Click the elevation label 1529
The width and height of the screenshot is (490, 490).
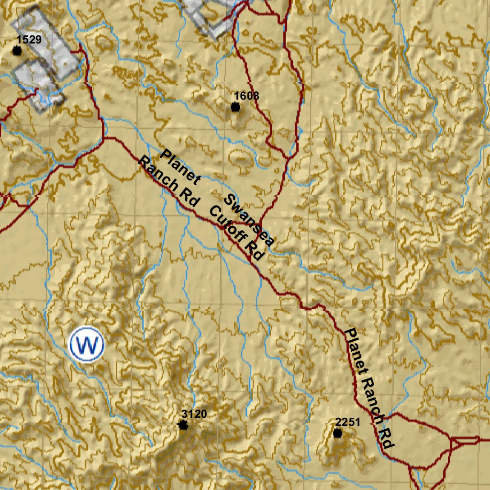(x=29, y=40)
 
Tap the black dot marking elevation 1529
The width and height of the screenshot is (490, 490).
(x=17, y=51)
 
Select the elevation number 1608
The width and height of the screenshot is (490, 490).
(x=246, y=96)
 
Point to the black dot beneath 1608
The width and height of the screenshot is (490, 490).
(x=235, y=107)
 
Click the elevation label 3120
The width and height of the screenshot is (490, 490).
(x=195, y=414)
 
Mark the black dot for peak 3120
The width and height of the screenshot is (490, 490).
(x=183, y=425)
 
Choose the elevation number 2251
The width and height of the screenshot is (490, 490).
(x=347, y=422)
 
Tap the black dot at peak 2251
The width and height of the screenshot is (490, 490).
(x=337, y=434)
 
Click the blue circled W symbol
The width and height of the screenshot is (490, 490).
(x=87, y=344)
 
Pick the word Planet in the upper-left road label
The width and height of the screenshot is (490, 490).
(x=180, y=167)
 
